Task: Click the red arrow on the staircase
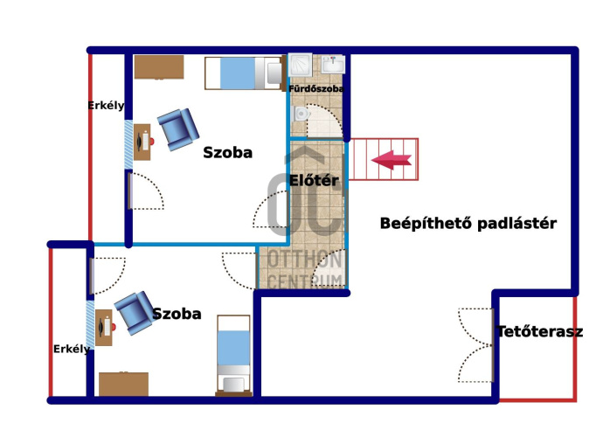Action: coord(392,160)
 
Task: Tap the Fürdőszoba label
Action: coord(315,89)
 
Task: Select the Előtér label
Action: coord(314,181)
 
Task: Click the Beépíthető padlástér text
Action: coord(468,224)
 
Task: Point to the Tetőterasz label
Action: coord(540,331)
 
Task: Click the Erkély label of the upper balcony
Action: coord(106,106)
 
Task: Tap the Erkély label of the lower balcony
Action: coord(72,349)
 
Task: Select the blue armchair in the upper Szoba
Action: coord(178,129)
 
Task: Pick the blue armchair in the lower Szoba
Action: coord(135,313)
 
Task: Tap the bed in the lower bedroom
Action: coord(233,356)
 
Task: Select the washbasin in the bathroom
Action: coord(333,64)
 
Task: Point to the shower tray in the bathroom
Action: coord(300,65)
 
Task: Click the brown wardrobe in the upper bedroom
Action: coord(159,67)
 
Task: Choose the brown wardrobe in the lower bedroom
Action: coord(123,384)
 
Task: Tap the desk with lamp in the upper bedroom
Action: coord(142,142)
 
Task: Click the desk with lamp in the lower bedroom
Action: coord(105,327)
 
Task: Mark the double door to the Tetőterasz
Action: coord(476,345)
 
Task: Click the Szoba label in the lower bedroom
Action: coord(177,314)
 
